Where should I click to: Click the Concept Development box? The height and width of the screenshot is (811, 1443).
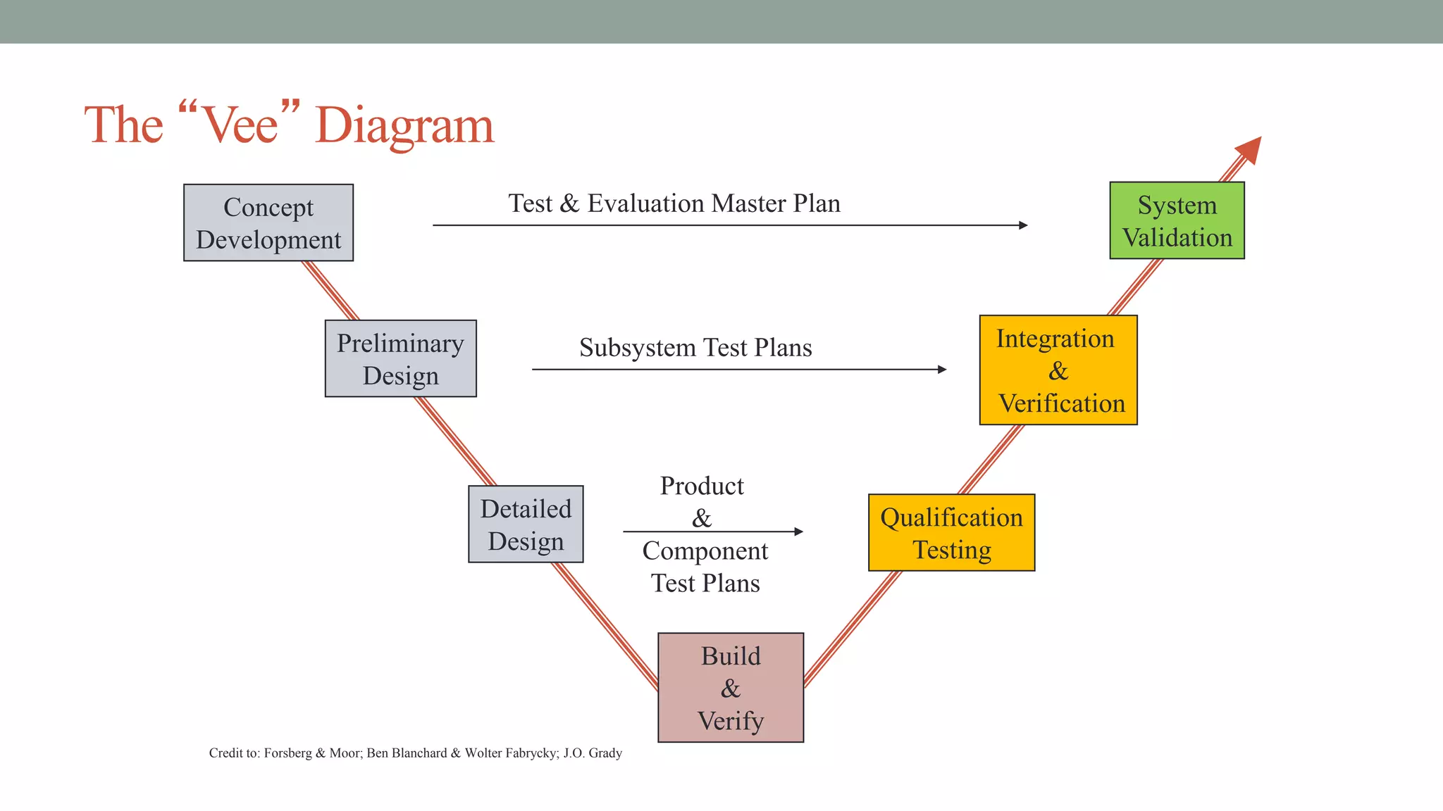click(268, 222)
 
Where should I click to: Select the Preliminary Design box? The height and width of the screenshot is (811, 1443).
click(400, 358)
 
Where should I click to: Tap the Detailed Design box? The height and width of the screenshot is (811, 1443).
click(526, 524)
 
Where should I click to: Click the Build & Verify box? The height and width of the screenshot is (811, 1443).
click(731, 687)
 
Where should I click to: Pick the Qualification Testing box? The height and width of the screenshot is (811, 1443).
click(951, 532)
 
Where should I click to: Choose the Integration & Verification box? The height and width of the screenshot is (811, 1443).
click(1058, 370)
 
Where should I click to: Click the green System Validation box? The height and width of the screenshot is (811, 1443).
click(1177, 220)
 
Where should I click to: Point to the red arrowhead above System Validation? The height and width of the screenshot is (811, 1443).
click(1250, 149)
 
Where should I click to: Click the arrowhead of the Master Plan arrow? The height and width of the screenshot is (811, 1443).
click(1023, 225)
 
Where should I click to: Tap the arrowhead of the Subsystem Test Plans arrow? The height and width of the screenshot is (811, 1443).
click(942, 369)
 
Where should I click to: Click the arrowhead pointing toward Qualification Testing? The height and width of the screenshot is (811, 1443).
click(798, 532)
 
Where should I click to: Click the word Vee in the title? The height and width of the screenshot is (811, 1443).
click(240, 125)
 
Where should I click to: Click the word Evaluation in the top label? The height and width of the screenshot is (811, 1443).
click(645, 203)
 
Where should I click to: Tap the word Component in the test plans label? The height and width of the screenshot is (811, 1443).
click(705, 551)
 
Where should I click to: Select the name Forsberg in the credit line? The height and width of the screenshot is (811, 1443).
click(287, 753)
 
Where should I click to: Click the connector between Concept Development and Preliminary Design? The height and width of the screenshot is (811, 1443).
click(331, 291)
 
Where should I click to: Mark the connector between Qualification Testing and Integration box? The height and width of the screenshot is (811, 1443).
click(990, 460)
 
